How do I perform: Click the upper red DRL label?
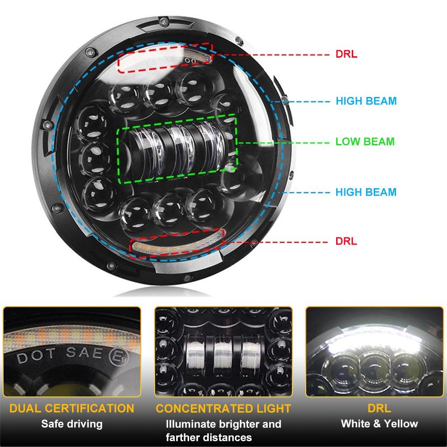[x=346, y=55]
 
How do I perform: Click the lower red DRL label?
[x=346, y=241]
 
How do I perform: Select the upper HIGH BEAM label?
[x=366, y=101]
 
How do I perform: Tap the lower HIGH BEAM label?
[x=366, y=193]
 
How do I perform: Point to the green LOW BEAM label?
[x=365, y=142]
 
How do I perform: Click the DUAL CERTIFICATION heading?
[x=72, y=408]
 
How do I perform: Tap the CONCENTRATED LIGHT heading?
[x=223, y=408]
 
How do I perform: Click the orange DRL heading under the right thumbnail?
[x=379, y=408]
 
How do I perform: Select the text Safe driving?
[x=72, y=424]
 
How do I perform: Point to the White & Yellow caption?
[x=379, y=424]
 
